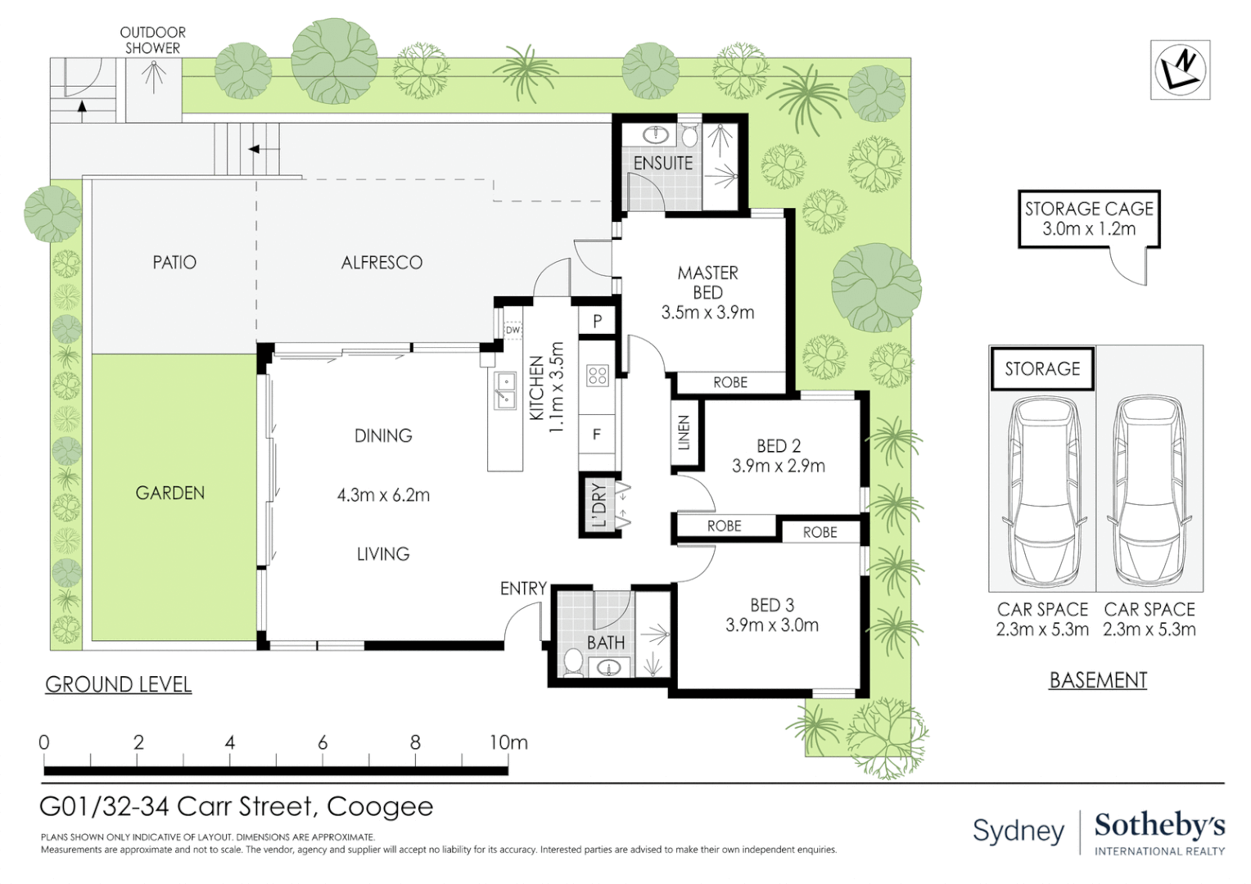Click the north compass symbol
click(x=1180, y=70)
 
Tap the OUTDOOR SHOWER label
click(x=152, y=40)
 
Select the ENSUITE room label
click(x=663, y=163)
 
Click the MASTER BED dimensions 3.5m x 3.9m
click(x=707, y=312)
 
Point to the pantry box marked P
click(x=597, y=321)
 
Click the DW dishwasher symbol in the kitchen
click(x=513, y=330)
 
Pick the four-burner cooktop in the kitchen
click(x=597, y=375)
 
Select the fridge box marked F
click(x=597, y=435)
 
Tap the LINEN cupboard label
click(x=684, y=432)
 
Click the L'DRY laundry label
click(x=598, y=505)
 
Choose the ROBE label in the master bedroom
click(x=730, y=382)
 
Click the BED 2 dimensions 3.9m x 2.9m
click(x=779, y=466)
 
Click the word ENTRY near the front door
click(x=523, y=589)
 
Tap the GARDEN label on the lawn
click(x=169, y=493)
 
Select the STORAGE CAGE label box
click(x=1088, y=219)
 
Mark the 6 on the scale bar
click(x=323, y=742)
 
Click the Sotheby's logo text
click(x=1159, y=827)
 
